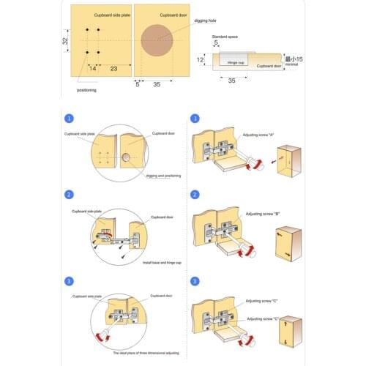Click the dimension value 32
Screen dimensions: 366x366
65,41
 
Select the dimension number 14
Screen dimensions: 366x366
93,67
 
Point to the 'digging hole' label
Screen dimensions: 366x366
204,21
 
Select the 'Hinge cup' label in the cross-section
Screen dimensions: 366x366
236,64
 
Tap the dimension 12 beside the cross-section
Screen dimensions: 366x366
200,59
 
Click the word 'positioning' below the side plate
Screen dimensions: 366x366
86,90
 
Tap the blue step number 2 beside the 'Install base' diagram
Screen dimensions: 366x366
70,195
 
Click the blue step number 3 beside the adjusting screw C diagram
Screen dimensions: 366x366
195,280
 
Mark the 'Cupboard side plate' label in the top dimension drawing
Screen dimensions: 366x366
111,15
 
